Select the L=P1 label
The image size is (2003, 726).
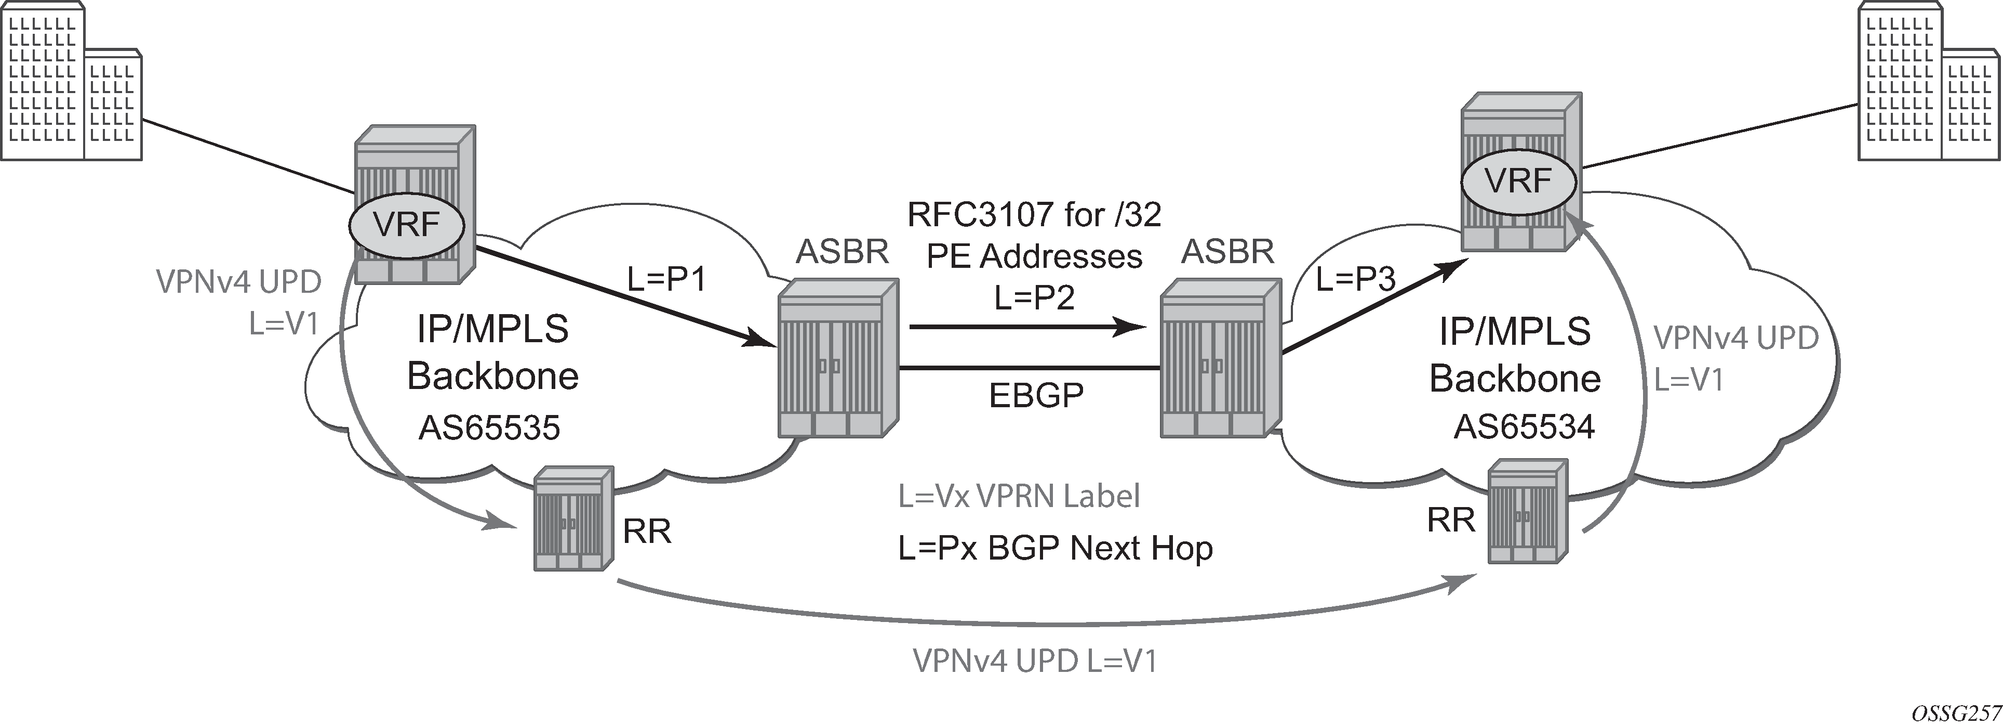coord(666,278)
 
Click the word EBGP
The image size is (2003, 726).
coord(1036,395)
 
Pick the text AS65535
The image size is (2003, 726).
coord(490,427)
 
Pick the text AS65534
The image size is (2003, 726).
coord(1525,426)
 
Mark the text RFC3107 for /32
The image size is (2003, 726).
coord(1034,214)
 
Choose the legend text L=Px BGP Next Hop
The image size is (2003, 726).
coord(1055,548)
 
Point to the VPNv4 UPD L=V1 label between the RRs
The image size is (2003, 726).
coord(1035,660)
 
